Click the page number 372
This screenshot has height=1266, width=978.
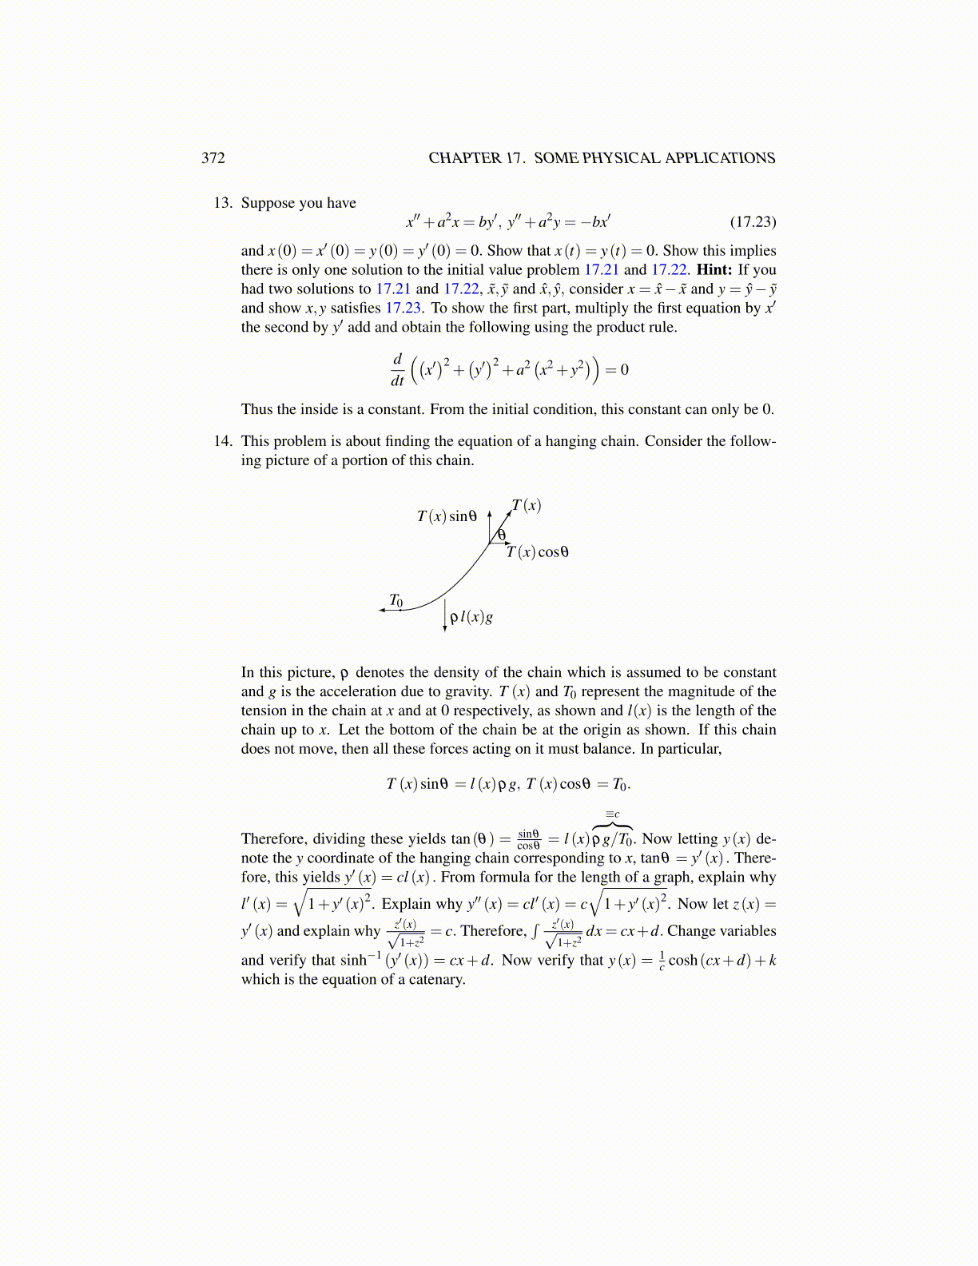[x=213, y=157]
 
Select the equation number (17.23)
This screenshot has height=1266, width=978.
[x=753, y=221]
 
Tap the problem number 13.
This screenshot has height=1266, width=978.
[x=223, y=202]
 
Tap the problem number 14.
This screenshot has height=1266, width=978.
[x=223, y=440]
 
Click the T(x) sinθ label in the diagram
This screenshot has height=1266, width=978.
[x=447, y=516]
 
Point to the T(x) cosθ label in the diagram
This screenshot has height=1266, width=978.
[x=538, y=551]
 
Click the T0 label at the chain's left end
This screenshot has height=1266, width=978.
[x=396, y=600]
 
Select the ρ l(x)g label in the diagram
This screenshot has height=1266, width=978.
[x=471, y=617]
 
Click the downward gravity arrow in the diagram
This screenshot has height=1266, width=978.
[x=445, y=615]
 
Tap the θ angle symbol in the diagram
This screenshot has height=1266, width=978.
[x=502, y=535]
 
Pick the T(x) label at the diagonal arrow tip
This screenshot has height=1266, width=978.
[x=527, y=505]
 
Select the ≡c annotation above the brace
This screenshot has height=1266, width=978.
[x=613, y=814]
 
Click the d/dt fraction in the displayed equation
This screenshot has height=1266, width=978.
[x=397, y=369]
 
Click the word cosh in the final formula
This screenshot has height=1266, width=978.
[x=683, y=960]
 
